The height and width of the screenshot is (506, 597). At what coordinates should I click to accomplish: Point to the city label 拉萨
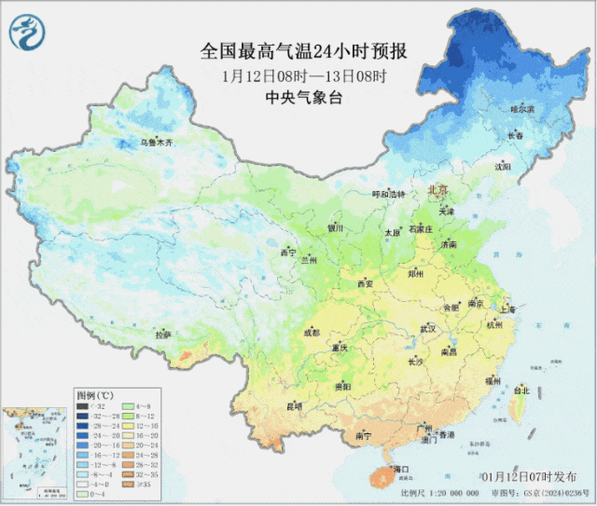(x=162, y=335)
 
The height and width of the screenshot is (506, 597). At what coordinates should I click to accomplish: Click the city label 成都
(x=311, y=332)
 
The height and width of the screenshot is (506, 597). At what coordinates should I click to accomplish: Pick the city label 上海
(x=507, y=308)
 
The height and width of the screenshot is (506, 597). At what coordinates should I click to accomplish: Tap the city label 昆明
(x=294, y=405)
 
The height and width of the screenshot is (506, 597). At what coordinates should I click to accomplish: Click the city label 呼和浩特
(x=389, y=194)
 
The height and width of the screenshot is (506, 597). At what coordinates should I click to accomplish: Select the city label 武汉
(x=428, y=328)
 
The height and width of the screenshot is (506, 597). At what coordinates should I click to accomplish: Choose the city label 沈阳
(x=504, y=168)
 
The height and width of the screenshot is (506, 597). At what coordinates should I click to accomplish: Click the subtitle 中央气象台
(x=305, y=98)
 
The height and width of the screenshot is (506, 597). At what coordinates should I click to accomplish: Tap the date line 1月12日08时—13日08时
(x=305, y=75)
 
